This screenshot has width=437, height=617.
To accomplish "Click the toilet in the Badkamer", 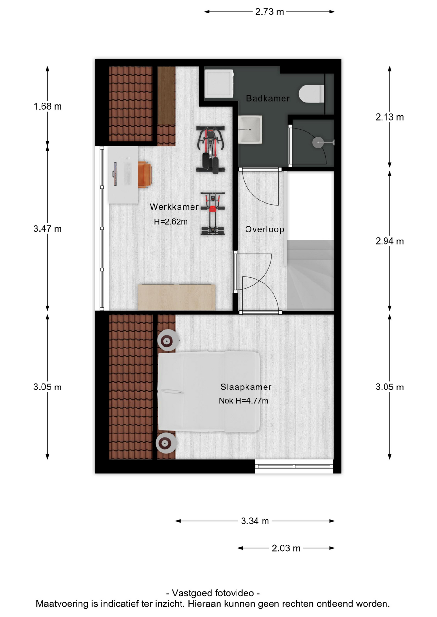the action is [311, 94].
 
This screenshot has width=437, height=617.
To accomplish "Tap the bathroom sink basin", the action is [250, 130].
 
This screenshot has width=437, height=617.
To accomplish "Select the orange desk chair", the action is [145, 174].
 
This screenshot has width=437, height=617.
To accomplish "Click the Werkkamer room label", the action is [174, 207].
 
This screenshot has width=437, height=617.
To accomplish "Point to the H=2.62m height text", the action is [171, 222].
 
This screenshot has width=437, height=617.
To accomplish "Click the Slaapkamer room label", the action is [246, 387].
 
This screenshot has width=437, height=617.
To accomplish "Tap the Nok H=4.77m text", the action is [244, 401].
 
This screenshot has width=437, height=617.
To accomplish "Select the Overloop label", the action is [265, 229].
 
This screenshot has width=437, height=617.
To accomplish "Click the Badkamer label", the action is [268, 98].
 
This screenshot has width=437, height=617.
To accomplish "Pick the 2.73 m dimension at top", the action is [269, 12].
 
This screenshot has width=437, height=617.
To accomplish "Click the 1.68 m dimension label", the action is [48, 106].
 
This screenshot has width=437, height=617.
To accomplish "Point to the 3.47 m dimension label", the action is [48, 229].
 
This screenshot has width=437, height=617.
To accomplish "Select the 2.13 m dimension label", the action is [389, 117].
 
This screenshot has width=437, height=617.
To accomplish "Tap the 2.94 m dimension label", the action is [389, 241].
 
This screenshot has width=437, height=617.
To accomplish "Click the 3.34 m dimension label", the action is [255, 521].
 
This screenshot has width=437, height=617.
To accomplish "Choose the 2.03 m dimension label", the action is [286, 548].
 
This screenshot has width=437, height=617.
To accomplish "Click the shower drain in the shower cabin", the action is [318, 142].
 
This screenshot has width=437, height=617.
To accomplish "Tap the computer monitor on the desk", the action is [115, 174].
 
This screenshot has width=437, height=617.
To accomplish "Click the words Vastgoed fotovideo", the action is [213, 593].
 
